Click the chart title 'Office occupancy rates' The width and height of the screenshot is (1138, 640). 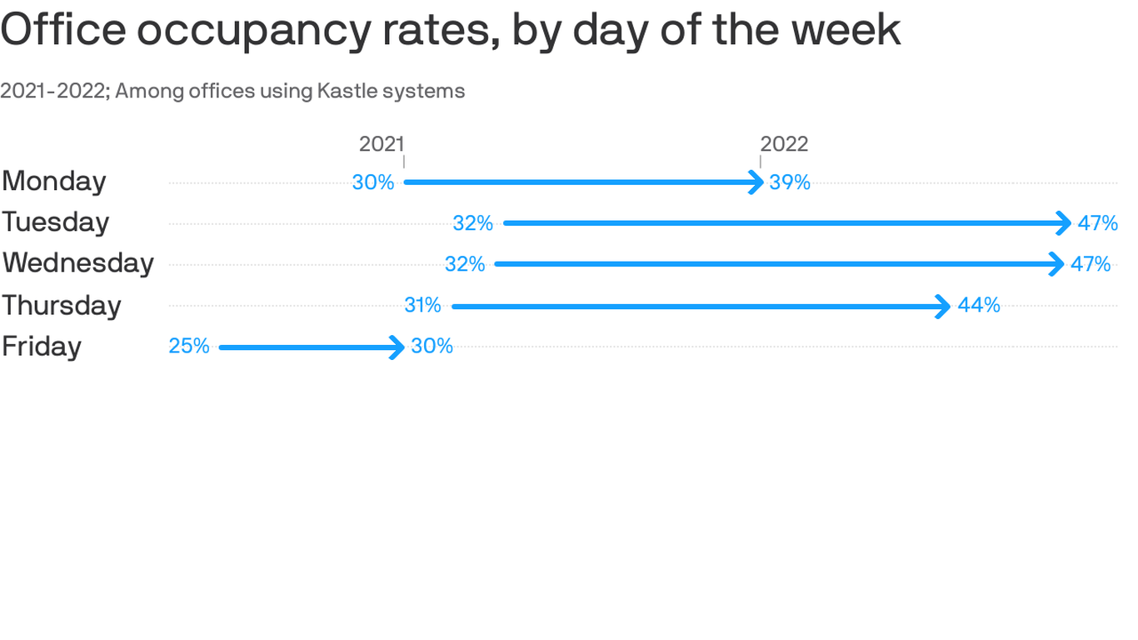pos(450,30)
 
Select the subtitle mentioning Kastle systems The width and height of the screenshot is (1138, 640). pos(232,91)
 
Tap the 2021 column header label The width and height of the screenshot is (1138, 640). pos(382,144)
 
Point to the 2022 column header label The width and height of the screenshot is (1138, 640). pos(784,144)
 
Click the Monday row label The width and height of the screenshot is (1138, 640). pos(54,182)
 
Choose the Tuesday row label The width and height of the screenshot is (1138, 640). pos(56,222)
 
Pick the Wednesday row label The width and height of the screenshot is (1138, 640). pos(77,263)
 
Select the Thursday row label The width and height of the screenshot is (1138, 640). pos(62,306)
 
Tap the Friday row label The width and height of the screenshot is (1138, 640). pos(42,347)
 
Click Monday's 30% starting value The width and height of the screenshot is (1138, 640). pos(373,182)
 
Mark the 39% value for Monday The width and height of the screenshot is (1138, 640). pos(790,182)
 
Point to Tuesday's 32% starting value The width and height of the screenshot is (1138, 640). pos(473,223)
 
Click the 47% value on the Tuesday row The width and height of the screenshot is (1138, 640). pos(1097,223)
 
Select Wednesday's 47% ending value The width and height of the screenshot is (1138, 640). pos(1091,264)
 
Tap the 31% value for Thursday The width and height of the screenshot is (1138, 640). pos(422,306)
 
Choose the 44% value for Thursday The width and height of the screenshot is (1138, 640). pos(979,306)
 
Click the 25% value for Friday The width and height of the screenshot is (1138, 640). pos(189,347)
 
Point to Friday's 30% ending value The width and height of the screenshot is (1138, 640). pos(432,347)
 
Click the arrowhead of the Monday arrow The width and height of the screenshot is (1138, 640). pos(757,182)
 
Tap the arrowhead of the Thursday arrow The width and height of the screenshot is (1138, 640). pos(944,307)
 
